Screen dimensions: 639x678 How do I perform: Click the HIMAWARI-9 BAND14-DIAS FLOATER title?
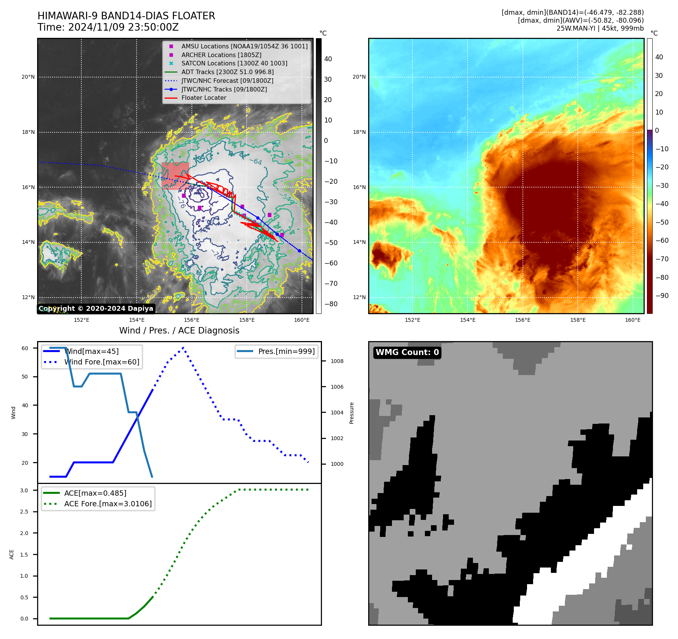(126, 16)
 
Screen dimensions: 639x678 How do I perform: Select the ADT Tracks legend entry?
(227, 72)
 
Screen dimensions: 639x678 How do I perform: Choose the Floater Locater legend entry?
(204, 98)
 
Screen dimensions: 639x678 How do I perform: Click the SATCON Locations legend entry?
(234, 63)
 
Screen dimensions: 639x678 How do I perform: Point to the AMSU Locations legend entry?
(244, 46)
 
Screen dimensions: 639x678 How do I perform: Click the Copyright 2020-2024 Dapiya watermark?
(96, 309)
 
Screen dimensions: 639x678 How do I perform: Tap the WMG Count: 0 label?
(407, 352)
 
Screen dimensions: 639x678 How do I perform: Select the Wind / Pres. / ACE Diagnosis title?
(179, 330)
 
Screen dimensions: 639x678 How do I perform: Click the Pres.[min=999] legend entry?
(286, 351)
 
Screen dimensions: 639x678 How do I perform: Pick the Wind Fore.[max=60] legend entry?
(101, 362)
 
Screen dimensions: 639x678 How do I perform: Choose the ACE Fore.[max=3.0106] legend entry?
(107, 504)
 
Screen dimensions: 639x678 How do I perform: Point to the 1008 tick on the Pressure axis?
(337, 361)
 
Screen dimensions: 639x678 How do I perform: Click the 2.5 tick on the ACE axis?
(24, 512)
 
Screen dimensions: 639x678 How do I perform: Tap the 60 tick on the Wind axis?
(25, 348)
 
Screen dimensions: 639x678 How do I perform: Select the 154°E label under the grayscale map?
(137, 320)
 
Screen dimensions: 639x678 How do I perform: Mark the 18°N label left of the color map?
(359, 132)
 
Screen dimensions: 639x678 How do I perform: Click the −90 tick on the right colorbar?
(662, 296)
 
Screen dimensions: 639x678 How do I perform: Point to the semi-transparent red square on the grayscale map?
(175, 175)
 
